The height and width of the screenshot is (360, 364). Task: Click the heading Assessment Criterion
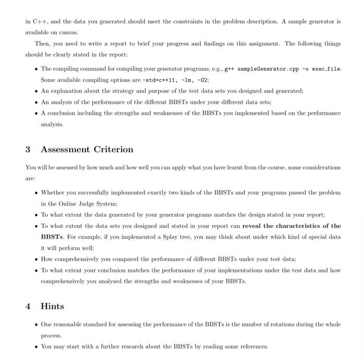click(87, 150)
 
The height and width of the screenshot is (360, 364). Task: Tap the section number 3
click(28, 150)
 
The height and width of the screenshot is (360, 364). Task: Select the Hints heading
click(53, 306)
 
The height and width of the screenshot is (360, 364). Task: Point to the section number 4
click(28, 306)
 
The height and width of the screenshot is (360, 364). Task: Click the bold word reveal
click(256, 226)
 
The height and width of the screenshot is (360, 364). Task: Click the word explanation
click(68, 90)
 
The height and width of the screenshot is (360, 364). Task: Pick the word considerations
click(319, 167)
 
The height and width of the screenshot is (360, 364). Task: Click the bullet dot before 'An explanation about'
click(34, 90)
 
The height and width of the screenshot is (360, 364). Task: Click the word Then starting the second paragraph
click(43, 43)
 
